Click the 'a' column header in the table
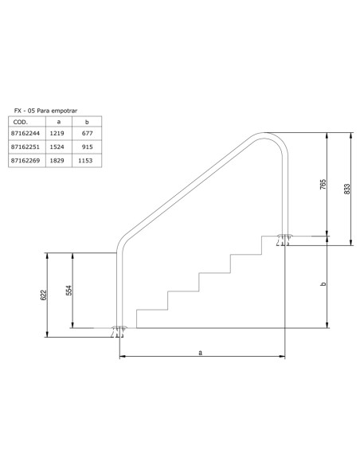pyautogui.click(x=59, y=123)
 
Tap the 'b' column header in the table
pyautogui.click(x=86, y=123)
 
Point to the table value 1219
pyautogui.click(x=59, y=135)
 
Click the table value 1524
pyautogui.click(x=59, y=148)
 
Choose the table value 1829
pyautogui.click(x=59, y=161)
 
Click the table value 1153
pyautogui.click(x=86, y=161)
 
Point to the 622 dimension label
pyautogui.click(x=44, y=295)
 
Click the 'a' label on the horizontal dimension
pyautogui.click(x=200, y=351)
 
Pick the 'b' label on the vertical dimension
pyautogui.click(x=323, y=284)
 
